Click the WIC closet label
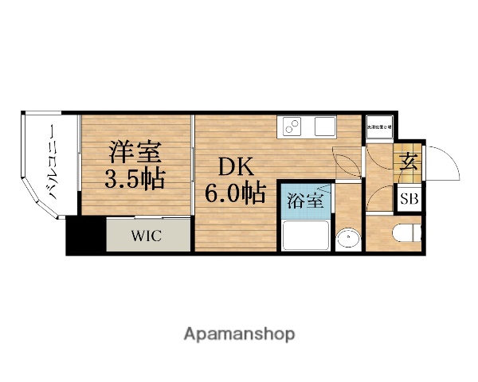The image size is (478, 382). point(148,236)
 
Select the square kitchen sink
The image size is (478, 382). point(325,127)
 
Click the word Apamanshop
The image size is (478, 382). point(238,333)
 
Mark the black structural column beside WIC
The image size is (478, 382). point(85,236)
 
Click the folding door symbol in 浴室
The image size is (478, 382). point(310,187)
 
